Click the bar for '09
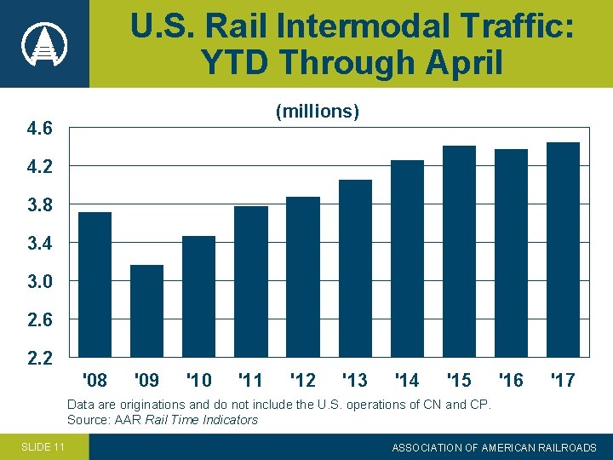(146, 310)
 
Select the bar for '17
(563, 249)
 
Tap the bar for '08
(95, 284)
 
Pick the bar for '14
(407, 258)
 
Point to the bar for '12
(302, 276)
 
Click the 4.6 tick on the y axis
(39, 129)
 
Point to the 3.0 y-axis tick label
(39, 282)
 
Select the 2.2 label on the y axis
(39, 358)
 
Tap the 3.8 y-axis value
(39, 205)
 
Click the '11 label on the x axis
(250, 379)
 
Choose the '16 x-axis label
(510, 379)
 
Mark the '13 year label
(354, 379)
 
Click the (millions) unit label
(317, 112)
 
